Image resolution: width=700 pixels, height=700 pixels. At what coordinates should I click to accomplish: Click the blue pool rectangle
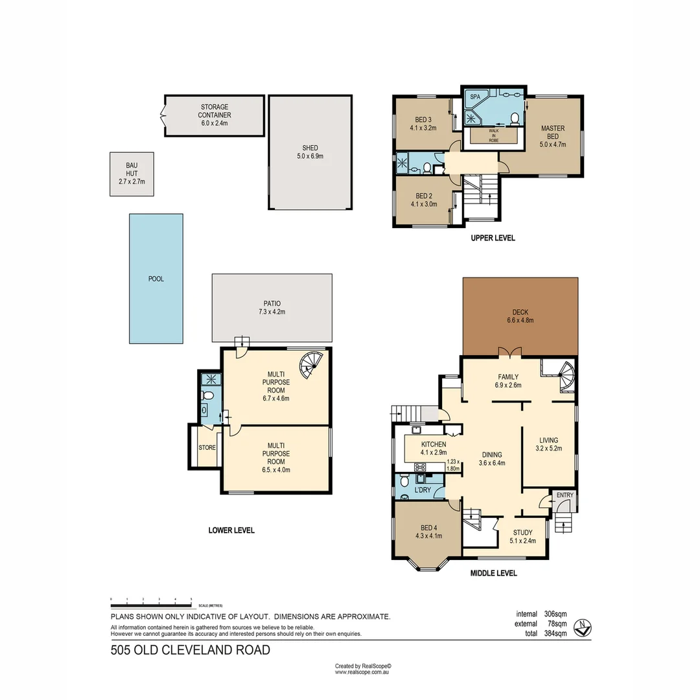pyautogui.click(x=156, y=279)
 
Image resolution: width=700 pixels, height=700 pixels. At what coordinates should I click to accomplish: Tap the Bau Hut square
pyautogui.click(x=132, y=174)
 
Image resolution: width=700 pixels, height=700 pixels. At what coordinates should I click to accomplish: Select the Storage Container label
pyautogui.click(x=214, y=110)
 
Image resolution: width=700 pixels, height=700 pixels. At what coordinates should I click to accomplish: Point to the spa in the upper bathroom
pyautogui.click(x=475, y=97)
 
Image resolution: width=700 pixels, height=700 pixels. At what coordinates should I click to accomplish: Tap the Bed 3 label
pyautogui.click(x=423, y=119)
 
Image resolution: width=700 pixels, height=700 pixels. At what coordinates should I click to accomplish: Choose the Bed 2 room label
pyautogui.click(x=423, y=196)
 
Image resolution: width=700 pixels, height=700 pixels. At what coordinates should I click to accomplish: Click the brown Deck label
pyautogui.click(x=520, y=312)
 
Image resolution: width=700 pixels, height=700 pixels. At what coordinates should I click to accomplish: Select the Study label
pyautogui.click(x=522, y=533)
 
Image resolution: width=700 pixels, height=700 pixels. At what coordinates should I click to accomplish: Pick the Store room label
pyautogui.click(x=207, y=447)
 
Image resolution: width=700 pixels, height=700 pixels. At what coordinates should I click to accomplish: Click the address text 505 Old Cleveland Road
pyautogui.click(x=190, y=650)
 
